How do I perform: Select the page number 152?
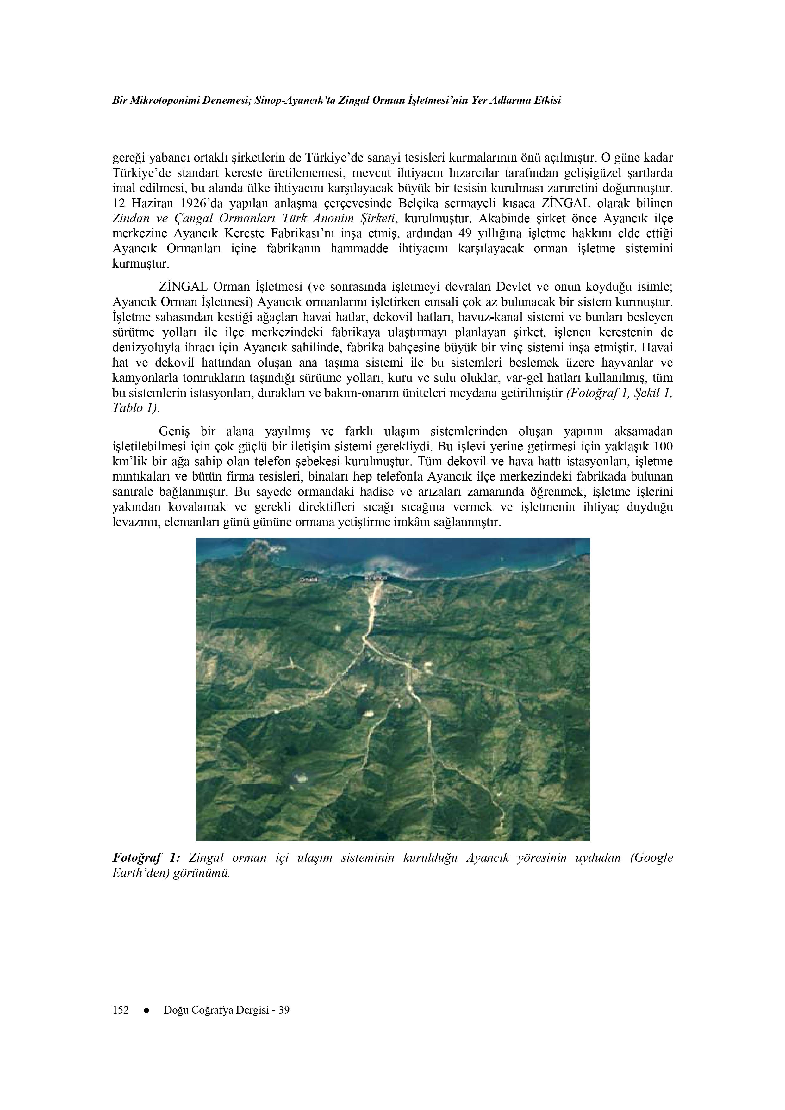[121, 1010]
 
